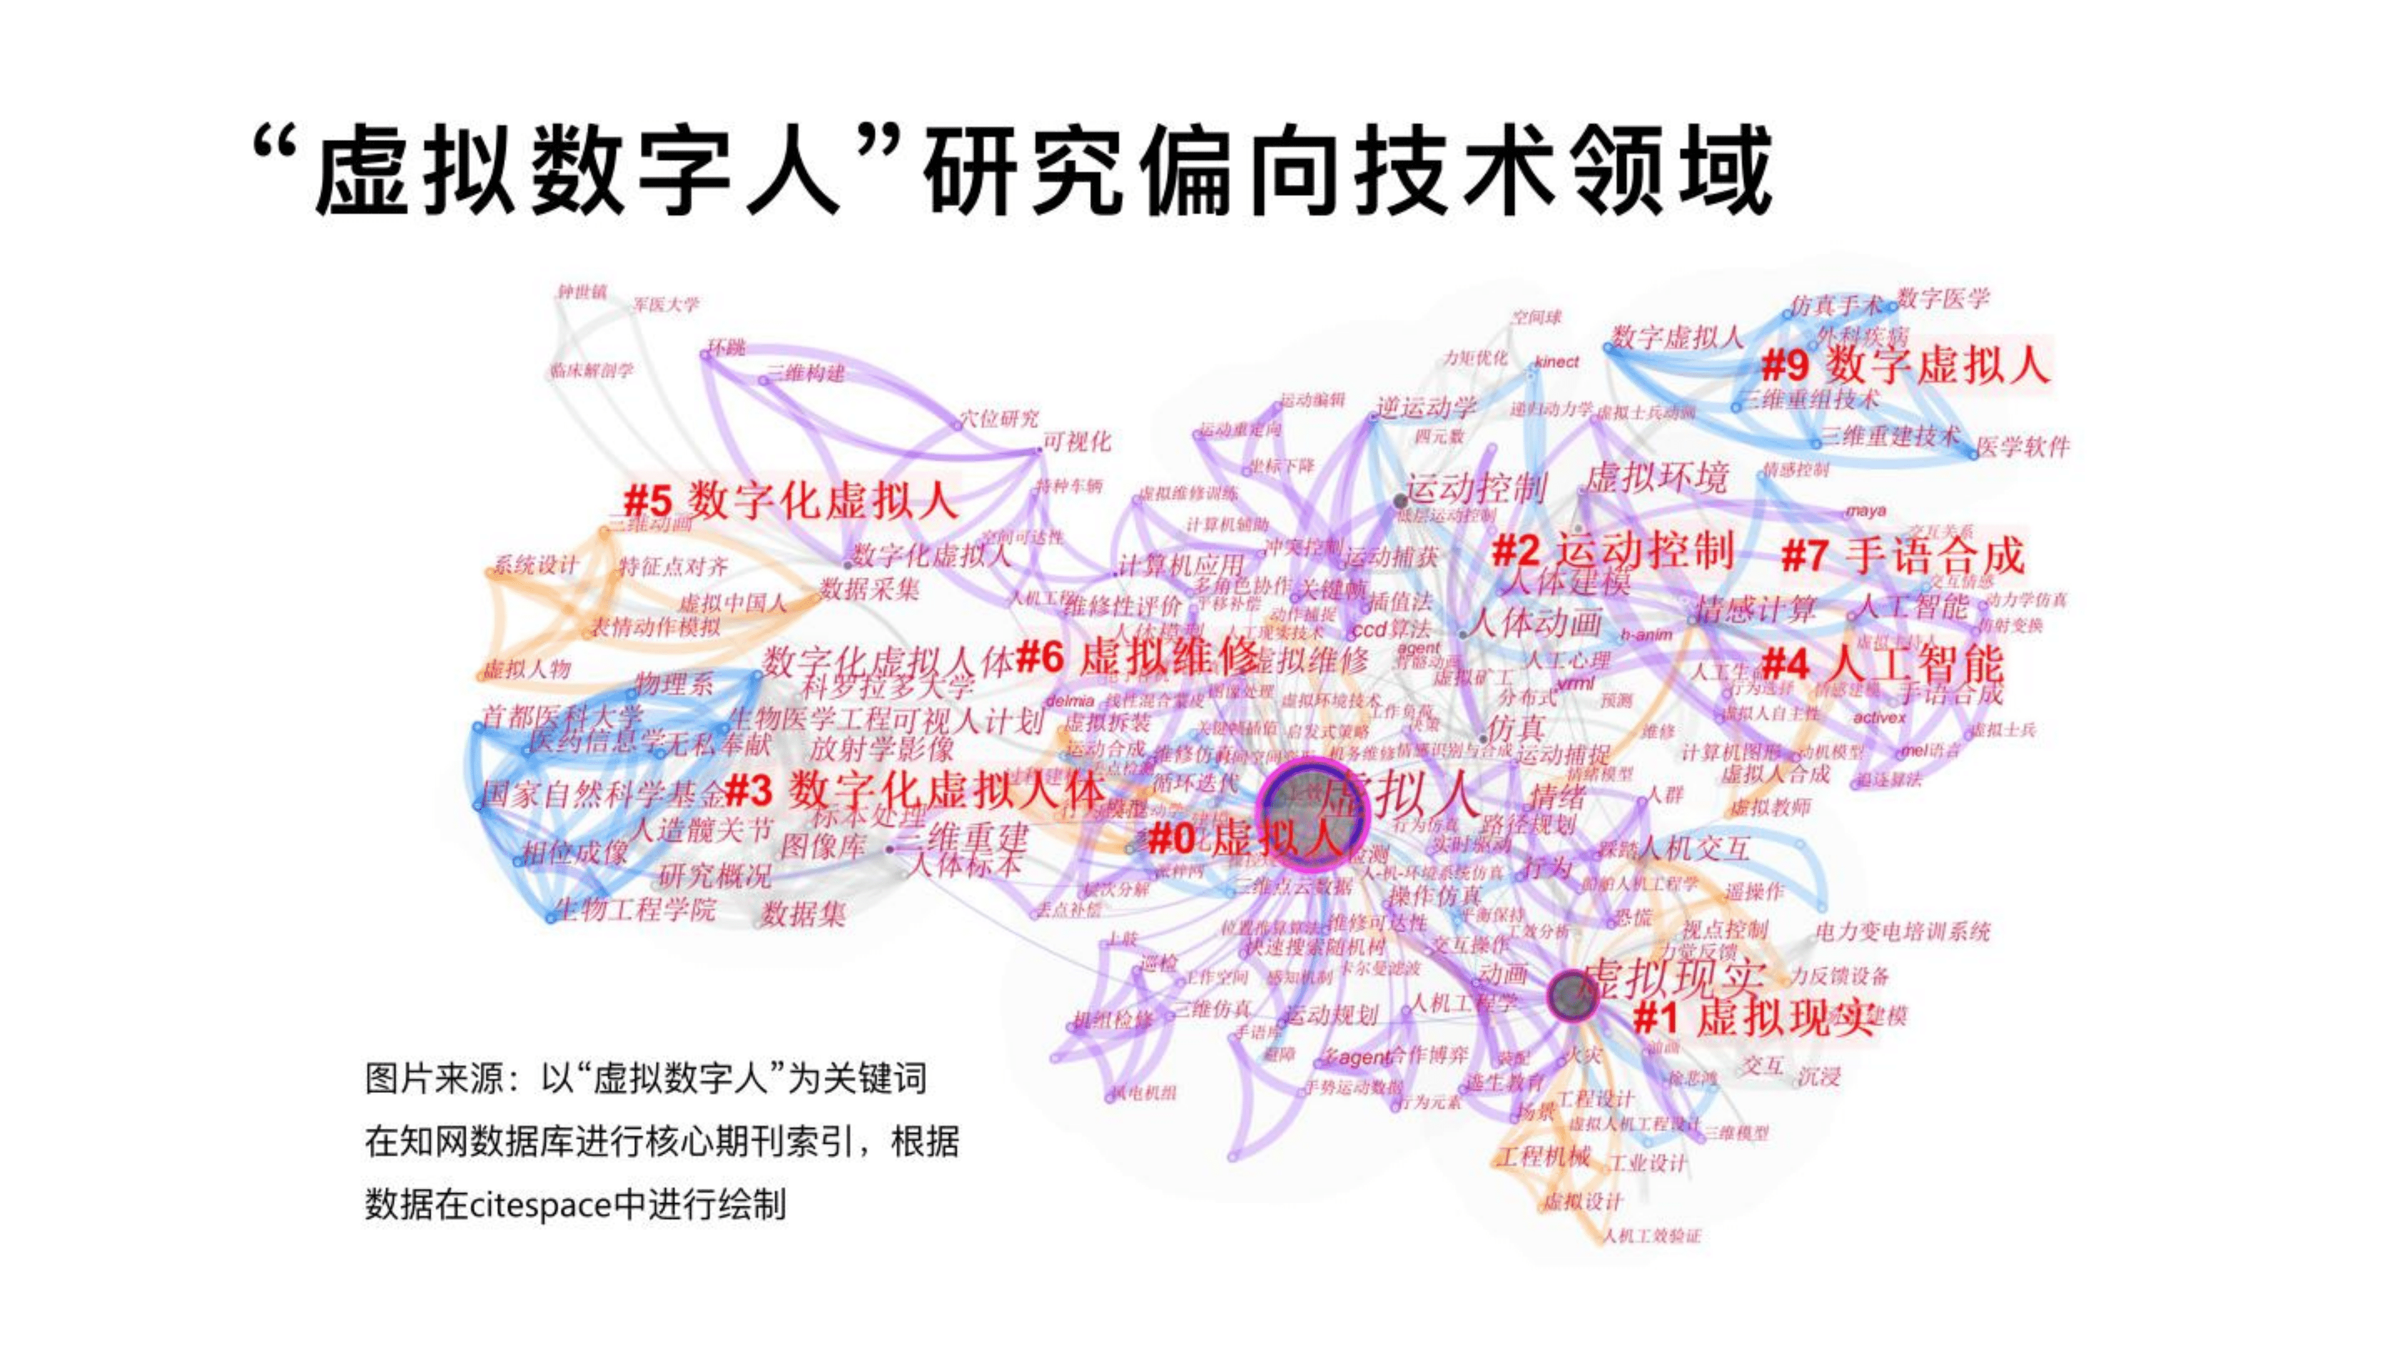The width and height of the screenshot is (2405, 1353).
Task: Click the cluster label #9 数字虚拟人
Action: pos(1904,364)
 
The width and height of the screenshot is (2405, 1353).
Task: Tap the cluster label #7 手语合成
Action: pos(1903,556)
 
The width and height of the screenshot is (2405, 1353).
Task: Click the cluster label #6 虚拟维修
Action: pos(1137,657)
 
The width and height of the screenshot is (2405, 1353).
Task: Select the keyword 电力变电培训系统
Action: pos(1903,931)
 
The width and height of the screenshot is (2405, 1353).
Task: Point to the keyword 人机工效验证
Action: pos(1653,1236)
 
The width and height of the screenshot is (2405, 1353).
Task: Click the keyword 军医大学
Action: pos(666,305)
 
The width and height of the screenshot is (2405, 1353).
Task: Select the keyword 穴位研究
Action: pos(999,419)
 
